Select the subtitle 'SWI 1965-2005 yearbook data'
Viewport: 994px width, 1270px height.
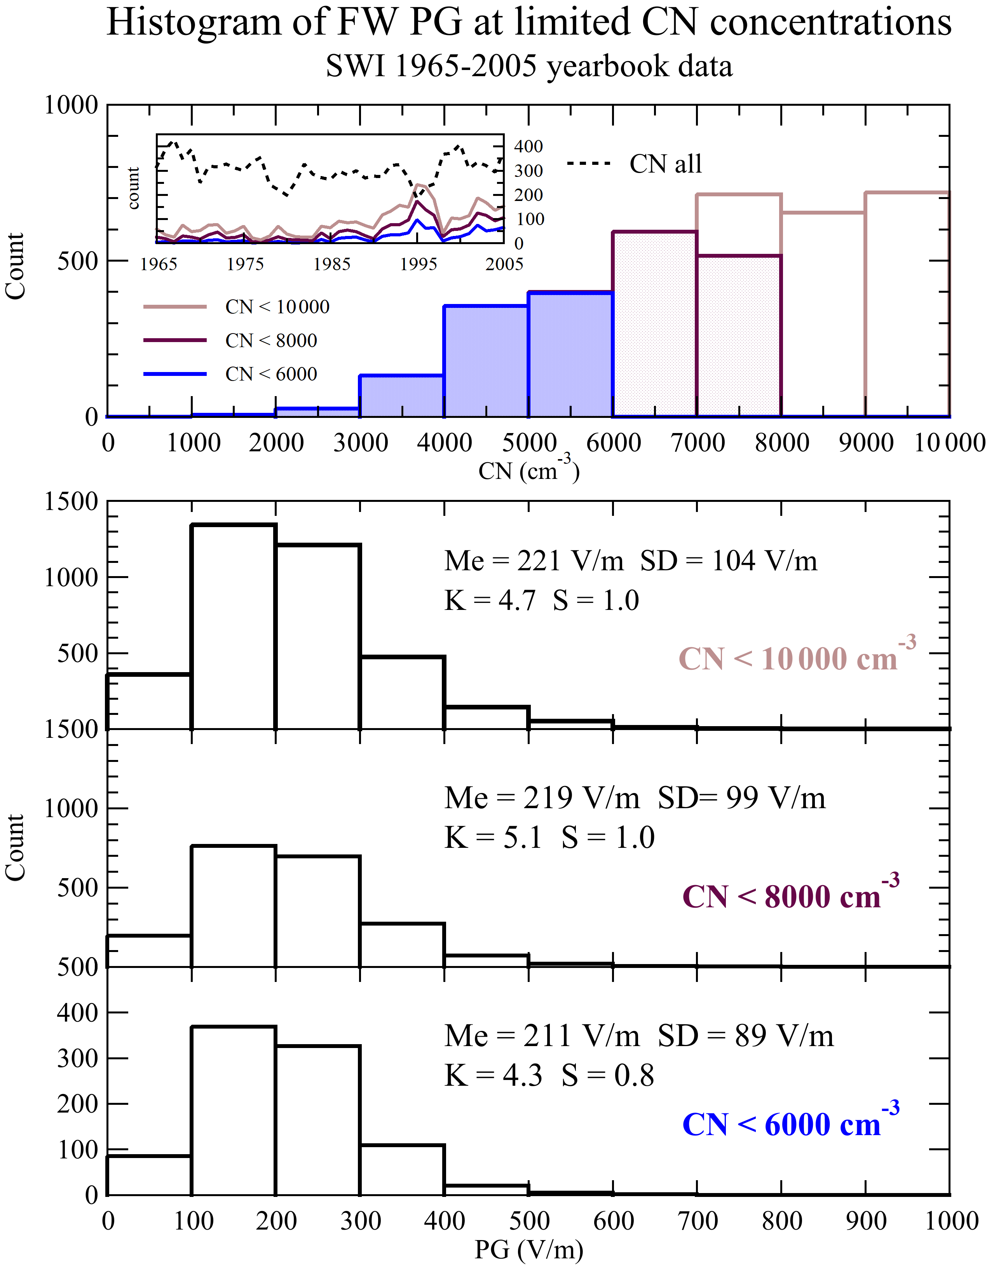pyautogui.click(x=528, y=66)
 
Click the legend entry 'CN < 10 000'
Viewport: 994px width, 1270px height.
pyautogui.click(x=277, y=307)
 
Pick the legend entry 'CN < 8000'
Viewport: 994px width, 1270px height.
pyautogui.click(x=271, y=341)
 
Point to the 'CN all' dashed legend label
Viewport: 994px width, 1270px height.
pyautogui.click(x=665, y=164)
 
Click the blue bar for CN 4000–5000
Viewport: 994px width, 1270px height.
pyautogui.click(x=486, y=361)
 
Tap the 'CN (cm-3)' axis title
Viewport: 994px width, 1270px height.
pyautogui.click(x=528, y=470)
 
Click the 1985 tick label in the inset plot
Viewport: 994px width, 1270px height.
pyautogui.click(x=332, y=265)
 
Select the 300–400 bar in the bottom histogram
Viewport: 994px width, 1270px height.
pyautogui.click(x=402, y=1170)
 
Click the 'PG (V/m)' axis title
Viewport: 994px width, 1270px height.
pyautogui.click(x=528, y=1249)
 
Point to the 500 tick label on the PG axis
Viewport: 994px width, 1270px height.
pyautogui.click(x=528, y=1221)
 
